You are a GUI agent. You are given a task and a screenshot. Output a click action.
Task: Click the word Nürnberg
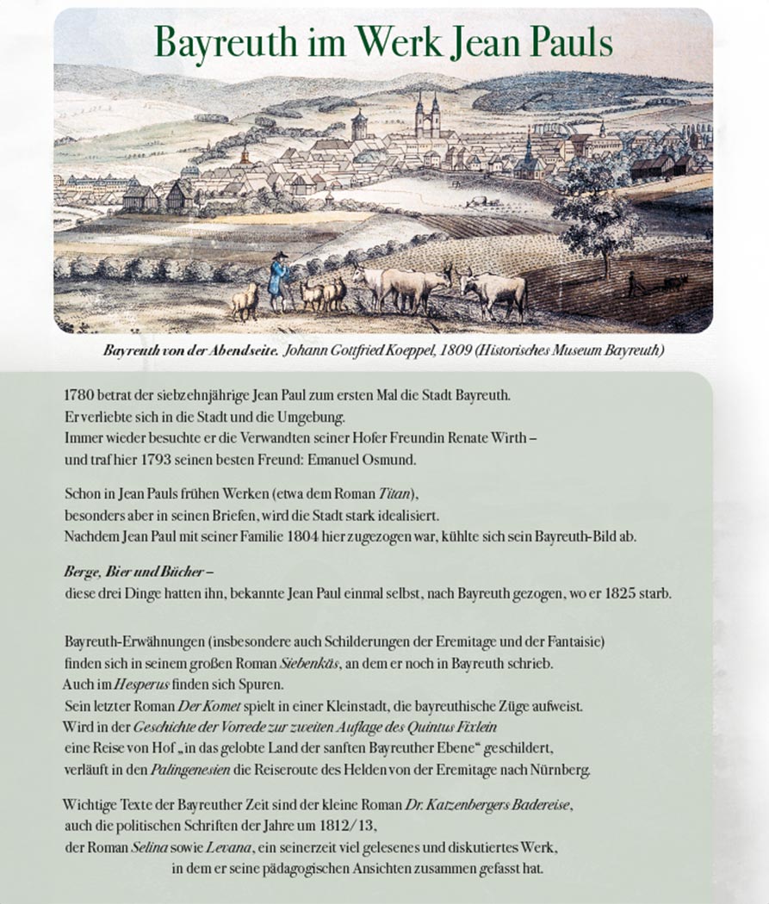(561, 769)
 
